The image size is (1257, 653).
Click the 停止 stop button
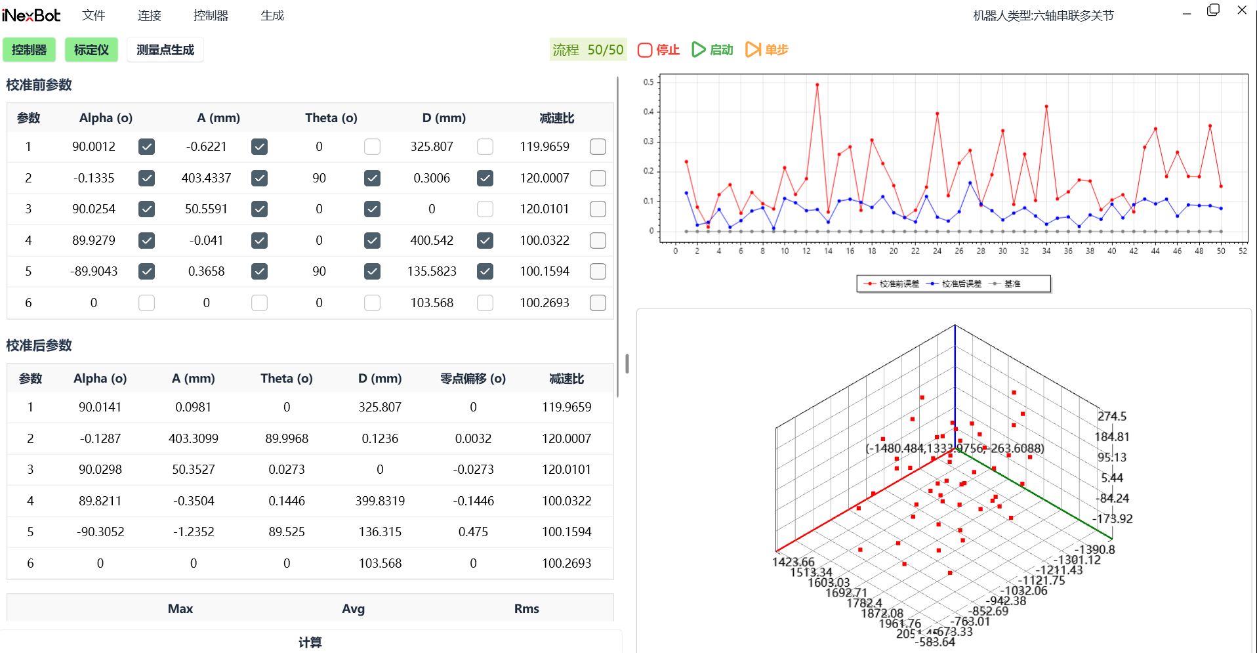659,50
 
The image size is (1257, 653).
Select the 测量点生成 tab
165,50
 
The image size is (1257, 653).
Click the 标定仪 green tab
91,50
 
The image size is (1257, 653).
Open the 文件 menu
94,15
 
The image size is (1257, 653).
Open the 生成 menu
272,15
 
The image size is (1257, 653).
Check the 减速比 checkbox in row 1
598,147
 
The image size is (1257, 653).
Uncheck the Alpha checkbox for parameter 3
147,209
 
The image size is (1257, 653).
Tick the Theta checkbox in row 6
372,303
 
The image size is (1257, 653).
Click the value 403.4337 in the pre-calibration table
206,178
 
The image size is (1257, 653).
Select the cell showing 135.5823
432,271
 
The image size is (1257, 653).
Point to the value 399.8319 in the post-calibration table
380,501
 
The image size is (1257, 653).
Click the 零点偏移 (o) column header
472,379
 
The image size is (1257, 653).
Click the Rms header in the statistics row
526,608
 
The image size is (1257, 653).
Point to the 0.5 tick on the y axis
648,82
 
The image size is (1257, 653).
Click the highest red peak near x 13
817,85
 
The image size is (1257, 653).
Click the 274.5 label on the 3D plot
1111,416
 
